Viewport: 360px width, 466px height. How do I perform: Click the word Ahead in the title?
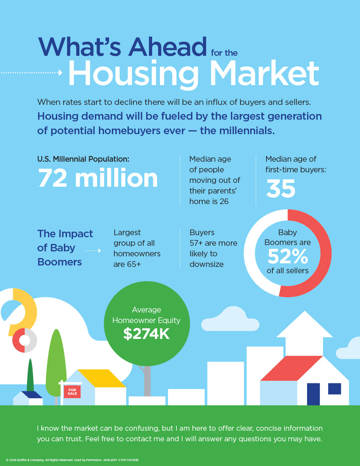tap(167, 47)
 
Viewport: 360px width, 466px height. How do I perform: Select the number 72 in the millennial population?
tap(53, 178)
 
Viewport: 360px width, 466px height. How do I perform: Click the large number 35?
tap(281, 189)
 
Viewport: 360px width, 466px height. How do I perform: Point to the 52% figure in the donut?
tap(288, 256)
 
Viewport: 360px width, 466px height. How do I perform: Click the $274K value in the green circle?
tap(146, 334)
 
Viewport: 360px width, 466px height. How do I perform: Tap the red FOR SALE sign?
tap(72, 392)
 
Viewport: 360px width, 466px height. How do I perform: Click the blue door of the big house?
tap(313, 394)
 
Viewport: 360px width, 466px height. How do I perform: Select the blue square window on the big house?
tap(335, 388)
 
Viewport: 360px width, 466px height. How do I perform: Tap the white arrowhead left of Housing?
tap(60, 73)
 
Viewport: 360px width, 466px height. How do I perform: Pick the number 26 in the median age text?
tap(224, 202)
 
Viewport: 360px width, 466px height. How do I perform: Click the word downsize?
tap(206, 264)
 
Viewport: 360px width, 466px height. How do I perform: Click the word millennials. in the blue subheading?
tap(237, 131)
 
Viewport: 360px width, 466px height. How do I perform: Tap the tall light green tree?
tap(56, 364)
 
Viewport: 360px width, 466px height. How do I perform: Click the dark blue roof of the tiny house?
tap(31, 395)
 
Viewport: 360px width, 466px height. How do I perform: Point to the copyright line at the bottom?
tap(72, 460)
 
